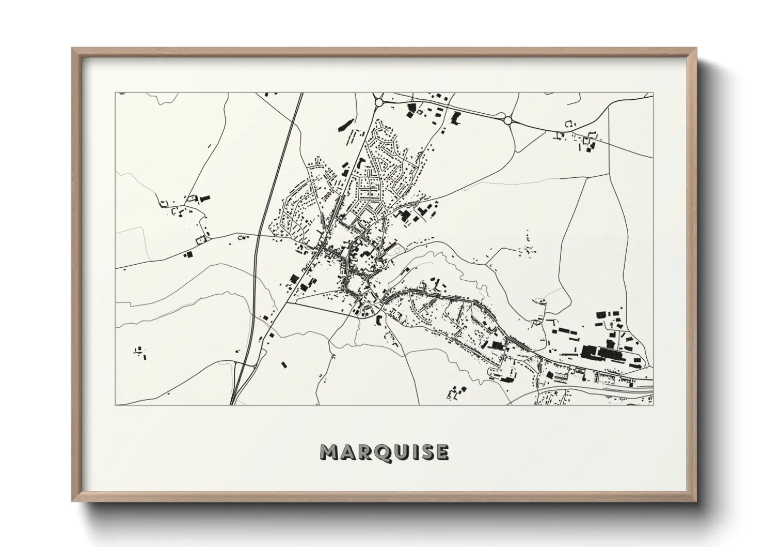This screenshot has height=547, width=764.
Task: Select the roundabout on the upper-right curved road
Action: tap(507, 120)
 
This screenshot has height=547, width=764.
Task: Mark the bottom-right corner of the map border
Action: tap(654, 405)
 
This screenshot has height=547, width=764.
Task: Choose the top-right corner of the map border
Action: tap(654, 93)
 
